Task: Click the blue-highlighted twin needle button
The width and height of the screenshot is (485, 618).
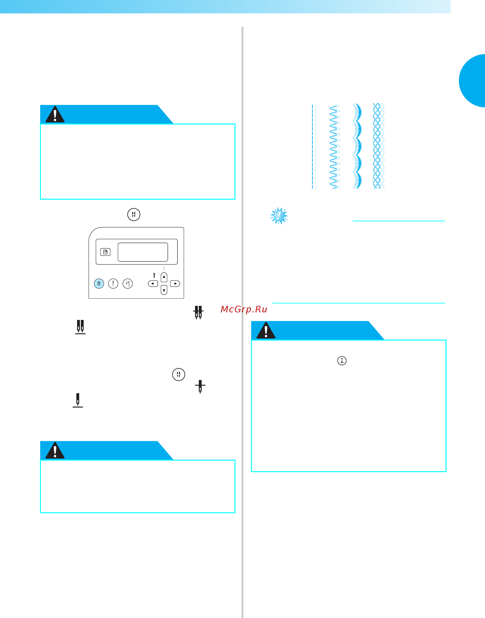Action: point(99,283)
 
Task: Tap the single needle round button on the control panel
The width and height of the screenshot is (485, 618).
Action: point(113,283)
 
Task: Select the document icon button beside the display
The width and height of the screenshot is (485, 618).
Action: point(105,252)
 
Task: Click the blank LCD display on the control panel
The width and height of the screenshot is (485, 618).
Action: point(143,252)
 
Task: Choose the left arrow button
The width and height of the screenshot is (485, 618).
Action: point(153,284)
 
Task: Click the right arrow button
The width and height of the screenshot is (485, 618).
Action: point(175,284)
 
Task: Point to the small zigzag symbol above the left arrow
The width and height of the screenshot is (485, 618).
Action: point(154,275)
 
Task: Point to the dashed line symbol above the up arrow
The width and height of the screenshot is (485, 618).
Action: point(164,268)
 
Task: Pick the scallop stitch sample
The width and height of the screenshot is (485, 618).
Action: point(357,146)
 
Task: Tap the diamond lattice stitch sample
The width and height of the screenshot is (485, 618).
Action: point(379,146)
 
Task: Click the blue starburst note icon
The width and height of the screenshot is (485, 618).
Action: point(279,216)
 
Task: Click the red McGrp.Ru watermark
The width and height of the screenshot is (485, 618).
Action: point(244,309)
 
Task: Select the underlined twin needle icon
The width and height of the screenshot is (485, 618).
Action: point(80,327)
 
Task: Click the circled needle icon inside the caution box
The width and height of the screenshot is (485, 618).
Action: point(342,361)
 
